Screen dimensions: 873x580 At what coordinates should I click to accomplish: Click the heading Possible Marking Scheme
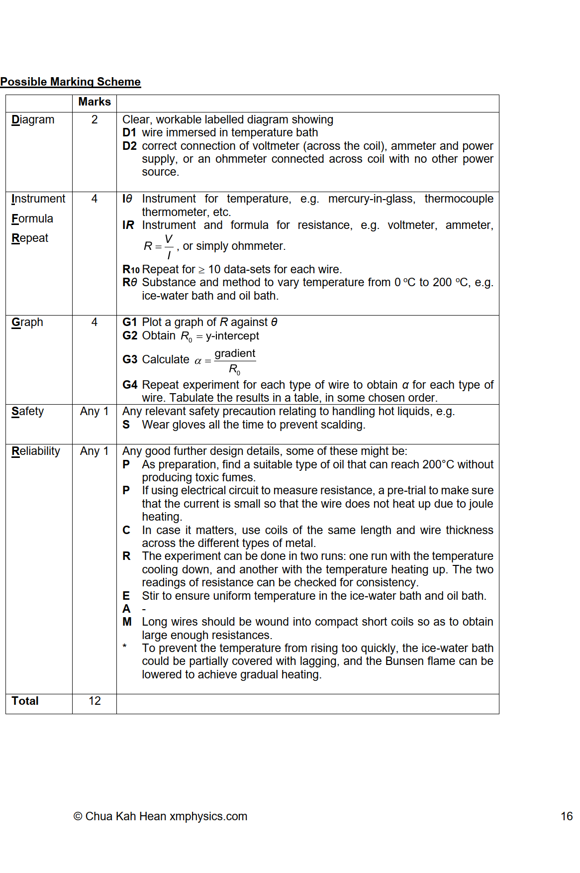pyautogui.click(x=70, y=82)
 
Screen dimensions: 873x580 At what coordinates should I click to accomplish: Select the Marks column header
pyautogui.click(x=95, y=102)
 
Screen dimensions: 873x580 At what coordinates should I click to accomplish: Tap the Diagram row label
pyautogui.click(x=33, y=120)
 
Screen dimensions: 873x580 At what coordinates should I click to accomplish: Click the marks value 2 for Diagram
pyautogui.click(x=95, y=120)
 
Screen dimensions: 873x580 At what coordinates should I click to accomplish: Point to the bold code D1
pyautogui.click(x=129, y=133)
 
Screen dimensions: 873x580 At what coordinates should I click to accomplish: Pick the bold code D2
pyautogui.click(x=129, y=146)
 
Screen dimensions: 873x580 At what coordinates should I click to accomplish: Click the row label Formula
pyautogui.click(x=32, y=219)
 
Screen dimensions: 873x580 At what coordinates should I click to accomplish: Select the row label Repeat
pyautogui.click(x=30, y=238)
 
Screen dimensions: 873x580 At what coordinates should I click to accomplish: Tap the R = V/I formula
pyautogui.click(x=159, y=246)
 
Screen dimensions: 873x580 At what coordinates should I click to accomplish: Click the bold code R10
pyautogui.click(x=131, y=270)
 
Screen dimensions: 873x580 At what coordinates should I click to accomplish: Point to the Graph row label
pyautogui.click(x=27, y=323)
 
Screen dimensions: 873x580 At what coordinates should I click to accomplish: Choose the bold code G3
pyautogui.click(x=130, y=360)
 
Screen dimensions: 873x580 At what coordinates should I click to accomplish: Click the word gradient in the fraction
pyautogui.click(x=235, y=353)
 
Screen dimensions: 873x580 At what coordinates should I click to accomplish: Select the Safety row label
pyautogui.click(x=28, y=412)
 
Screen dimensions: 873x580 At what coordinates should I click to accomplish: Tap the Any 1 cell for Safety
pyautogui.click(x=95, y=412)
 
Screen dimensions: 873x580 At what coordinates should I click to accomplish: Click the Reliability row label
pyautogui.click(x=36, y=451)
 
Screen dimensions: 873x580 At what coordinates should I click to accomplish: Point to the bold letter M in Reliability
pyautogui.click(x=127, y=622)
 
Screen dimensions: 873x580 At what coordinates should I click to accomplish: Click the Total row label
pyautogui.click(x=25, y=701)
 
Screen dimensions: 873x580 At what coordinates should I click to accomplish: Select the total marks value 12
pyautogui.click(x=95, y=701)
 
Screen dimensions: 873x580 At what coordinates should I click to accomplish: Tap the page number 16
pyautogui.click(x=567, y=817)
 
